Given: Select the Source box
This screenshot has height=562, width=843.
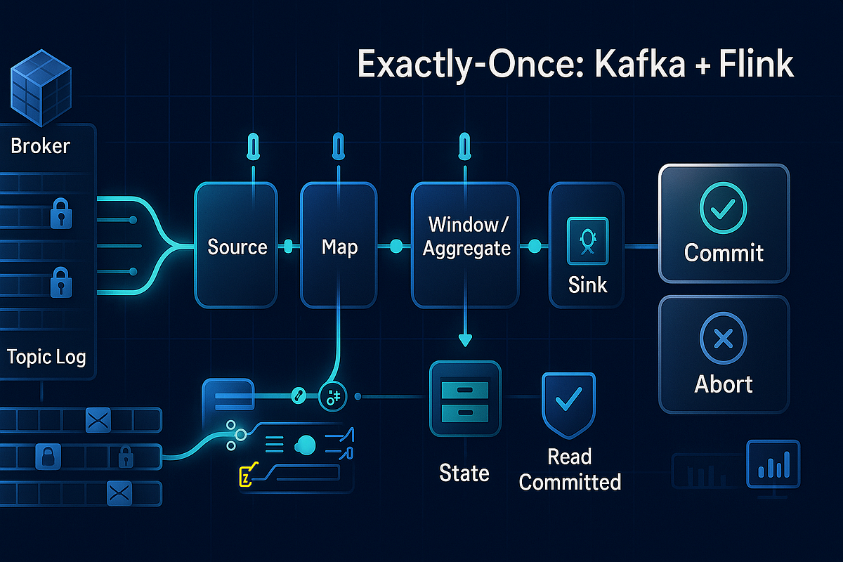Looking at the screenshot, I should pyautogui.click(x=237, y=246).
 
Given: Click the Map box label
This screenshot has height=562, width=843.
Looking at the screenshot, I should pyautogui.click(x=339, y=247).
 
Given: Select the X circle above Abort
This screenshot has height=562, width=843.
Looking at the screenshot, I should pyautogui.click(x=723, y=340).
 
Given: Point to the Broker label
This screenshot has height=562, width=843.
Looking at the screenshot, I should pyautogui.click(x=41, y=146).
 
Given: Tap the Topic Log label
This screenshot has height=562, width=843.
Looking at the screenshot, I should pyautogui.click(x=46, y=357).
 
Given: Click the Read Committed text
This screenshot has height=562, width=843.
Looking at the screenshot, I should pyautogui.click(x=570, y=469).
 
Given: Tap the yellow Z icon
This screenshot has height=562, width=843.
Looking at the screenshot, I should pyautogui.click(x=246, y=478).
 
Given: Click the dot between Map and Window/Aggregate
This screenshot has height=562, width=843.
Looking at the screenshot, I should pyautogui.click(x=396, y=246).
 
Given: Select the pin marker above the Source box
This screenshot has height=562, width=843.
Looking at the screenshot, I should pyautogui.click(x=251, y=148).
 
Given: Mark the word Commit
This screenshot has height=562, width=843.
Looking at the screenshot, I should pyautogui.click(x=723, y=253).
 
